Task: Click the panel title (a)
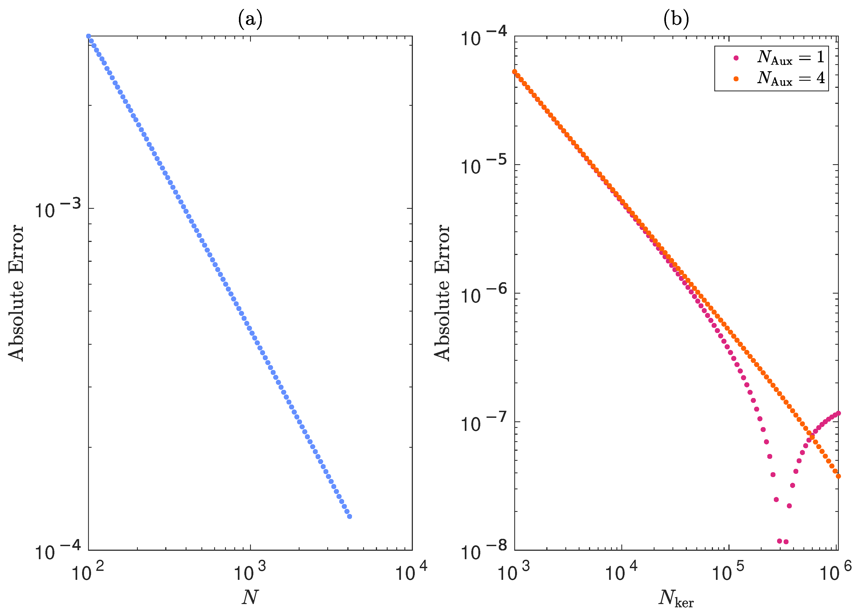[250, 19]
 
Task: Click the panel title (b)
[676, 19]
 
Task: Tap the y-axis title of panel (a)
[16, 293]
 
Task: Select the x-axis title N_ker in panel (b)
[676, 599]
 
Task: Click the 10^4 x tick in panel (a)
[412, 572]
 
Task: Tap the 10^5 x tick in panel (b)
[729, 572]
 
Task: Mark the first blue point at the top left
[88, 36]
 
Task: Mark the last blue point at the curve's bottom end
[350, 516]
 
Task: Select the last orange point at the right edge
[838, 476]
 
